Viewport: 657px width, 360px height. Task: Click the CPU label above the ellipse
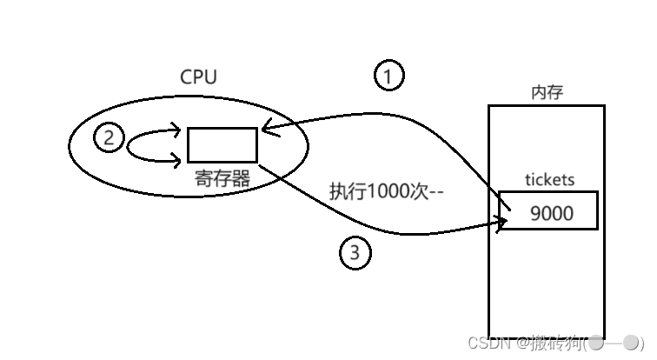pos(198,77)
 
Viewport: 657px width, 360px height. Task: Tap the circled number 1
pos(388,77)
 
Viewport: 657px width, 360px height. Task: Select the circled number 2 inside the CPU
pos(109,137)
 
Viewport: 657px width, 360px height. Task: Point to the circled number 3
pos(355,253)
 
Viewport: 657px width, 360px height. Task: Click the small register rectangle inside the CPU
pos(222,144)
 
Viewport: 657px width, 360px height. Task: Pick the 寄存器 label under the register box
pos(223,178)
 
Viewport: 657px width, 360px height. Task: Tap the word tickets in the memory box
pos(549,181)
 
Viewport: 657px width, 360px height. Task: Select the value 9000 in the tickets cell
pos(551,212)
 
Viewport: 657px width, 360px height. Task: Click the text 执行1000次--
pos(386,192)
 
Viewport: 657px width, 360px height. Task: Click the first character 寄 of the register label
pos(203,178)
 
